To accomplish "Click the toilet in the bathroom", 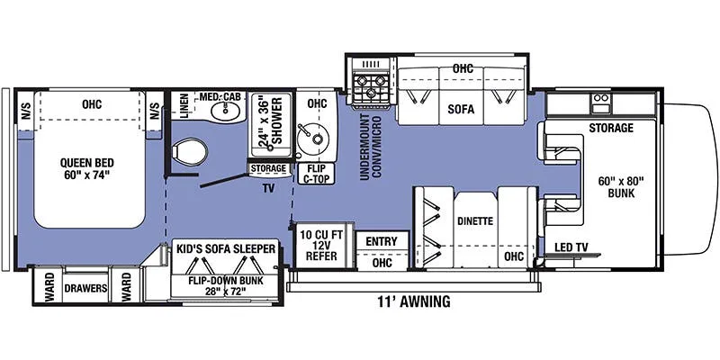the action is pyautogui.click(x=189, y=152).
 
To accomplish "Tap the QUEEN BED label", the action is pyautogui.click(x=87, y=168).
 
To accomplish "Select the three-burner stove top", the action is pyautogui.click(x=371, y=87).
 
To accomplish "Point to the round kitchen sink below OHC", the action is pyautogui.click(x=310, y=137).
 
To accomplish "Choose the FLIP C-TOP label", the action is pyautogui.click(x=317, y=174).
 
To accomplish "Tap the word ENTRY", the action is pyautogui.click(x=382, y=241).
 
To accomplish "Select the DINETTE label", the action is pyautogui.click(x=475, y=220).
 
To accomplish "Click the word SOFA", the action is pyautogui.click(x=461, y=109).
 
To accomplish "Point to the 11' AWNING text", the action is pyautogui.click(x=414, y=301).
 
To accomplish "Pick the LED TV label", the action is pyautogui.click(x=571, y=248).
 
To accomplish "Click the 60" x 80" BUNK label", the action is pyautogui.click(x=621, y=187).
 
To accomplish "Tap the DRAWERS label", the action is pyautogui.click(x=85, y=288).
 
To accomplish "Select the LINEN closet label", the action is pyautogui.click(x=184, y=106).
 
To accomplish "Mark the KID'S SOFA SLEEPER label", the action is pyautogui.click(x=226, y=249).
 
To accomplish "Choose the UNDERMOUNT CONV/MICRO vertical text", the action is pyautogui.click(x=371, y=148).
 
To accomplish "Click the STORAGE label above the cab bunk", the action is pyautogui.click(x=611, y=128).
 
